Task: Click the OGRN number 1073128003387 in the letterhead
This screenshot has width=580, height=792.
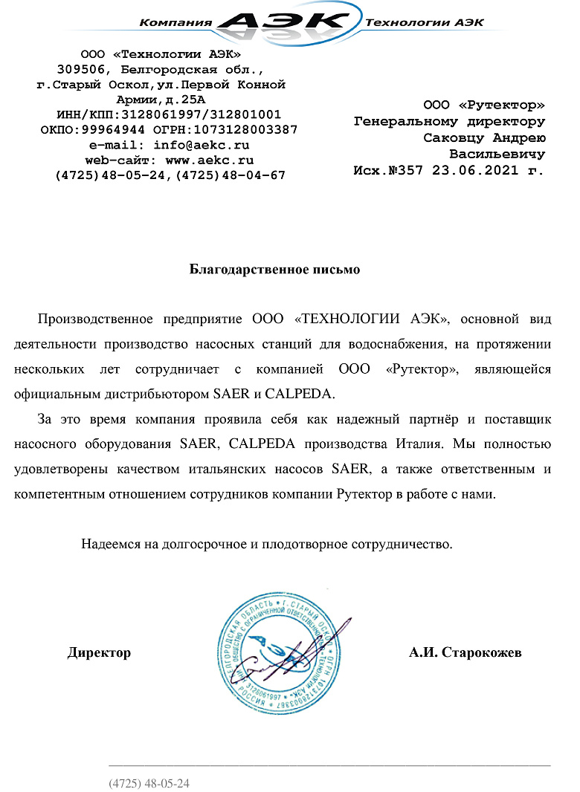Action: point(245,129)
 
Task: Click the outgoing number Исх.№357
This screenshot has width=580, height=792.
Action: point(387,170)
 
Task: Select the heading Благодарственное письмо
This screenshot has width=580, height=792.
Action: point(274,270)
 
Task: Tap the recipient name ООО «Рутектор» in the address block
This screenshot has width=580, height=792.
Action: point(483,106)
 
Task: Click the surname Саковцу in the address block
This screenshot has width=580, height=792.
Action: point(454,137)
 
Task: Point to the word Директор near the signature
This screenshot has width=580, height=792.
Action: point(99,653)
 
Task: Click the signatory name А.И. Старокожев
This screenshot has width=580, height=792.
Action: point(465,653)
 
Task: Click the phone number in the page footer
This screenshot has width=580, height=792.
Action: point(149,783)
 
